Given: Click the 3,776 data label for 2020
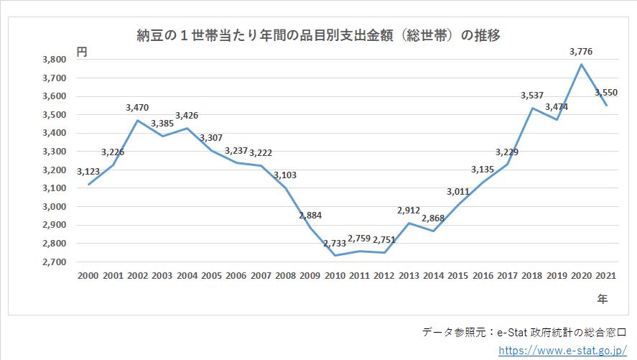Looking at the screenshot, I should point(580,51).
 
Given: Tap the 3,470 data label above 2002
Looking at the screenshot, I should point(138,107).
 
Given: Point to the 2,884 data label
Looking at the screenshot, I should point(310,215).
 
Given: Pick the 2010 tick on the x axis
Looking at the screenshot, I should point(335,276).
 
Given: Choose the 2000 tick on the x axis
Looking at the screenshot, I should point(88,276).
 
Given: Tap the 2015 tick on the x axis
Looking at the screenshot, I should point(458,276).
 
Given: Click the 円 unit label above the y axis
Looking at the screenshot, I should point(82,51).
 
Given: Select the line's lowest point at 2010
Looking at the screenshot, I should point(335,255).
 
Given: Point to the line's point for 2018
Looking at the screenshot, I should point(532,108).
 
